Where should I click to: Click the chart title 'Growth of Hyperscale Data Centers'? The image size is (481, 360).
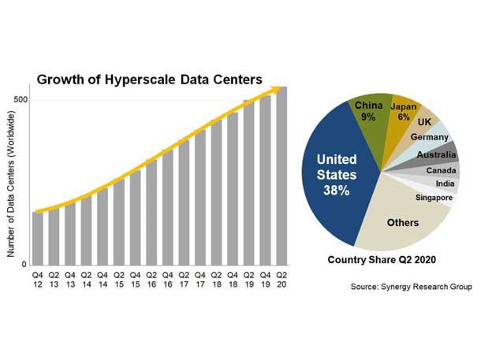pos(150,79)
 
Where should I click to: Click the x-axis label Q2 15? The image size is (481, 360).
pos(119,280)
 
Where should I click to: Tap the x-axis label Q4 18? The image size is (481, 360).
pos(233,280)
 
